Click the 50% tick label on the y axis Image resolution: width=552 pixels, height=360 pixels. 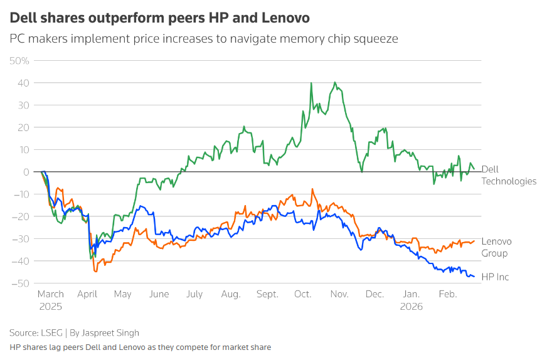pyautogui.click(x=19, y=61)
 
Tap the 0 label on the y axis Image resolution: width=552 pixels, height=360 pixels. pyautogui.click(x=26, y=172)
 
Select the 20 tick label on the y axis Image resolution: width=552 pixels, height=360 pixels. pyautogui.click(x=24, y=127)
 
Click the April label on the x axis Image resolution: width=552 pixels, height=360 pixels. pyautogui.click(x=87, y=294)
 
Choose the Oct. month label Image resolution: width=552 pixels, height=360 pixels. pyautogui.click(x=303, y=294)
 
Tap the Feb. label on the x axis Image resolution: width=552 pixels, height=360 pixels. pyautogui.click(x=448, y=294)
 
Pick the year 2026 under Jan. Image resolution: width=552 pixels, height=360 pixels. pyautogui.click(x=412, y=307)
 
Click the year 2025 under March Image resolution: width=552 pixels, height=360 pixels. pyautogui.click(x=51, y=307)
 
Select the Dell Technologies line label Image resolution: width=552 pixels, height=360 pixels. pyautogui.click(x=509, y=175)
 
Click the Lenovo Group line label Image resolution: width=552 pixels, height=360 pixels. pyautogui.click(x=496, y=247)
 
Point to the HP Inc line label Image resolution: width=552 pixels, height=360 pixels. pyautogui.click(x=495, y=277)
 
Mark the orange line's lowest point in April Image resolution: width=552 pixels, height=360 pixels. pyautogui.click(x=95, y=272)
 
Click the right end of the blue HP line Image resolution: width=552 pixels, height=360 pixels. pyautogui.click(x=474, y=277)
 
